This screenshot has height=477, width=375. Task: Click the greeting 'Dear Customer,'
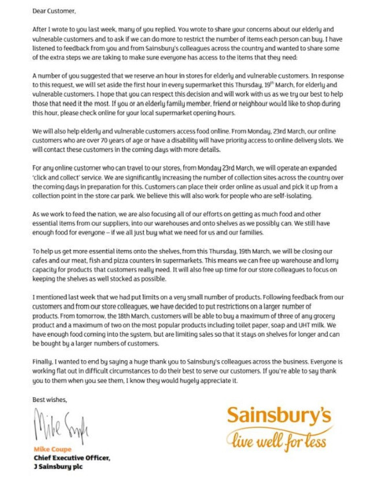click(54, 10)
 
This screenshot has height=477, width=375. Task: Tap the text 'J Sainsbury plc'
click(58, 467)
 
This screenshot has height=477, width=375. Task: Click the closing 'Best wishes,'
click(50, 399)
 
